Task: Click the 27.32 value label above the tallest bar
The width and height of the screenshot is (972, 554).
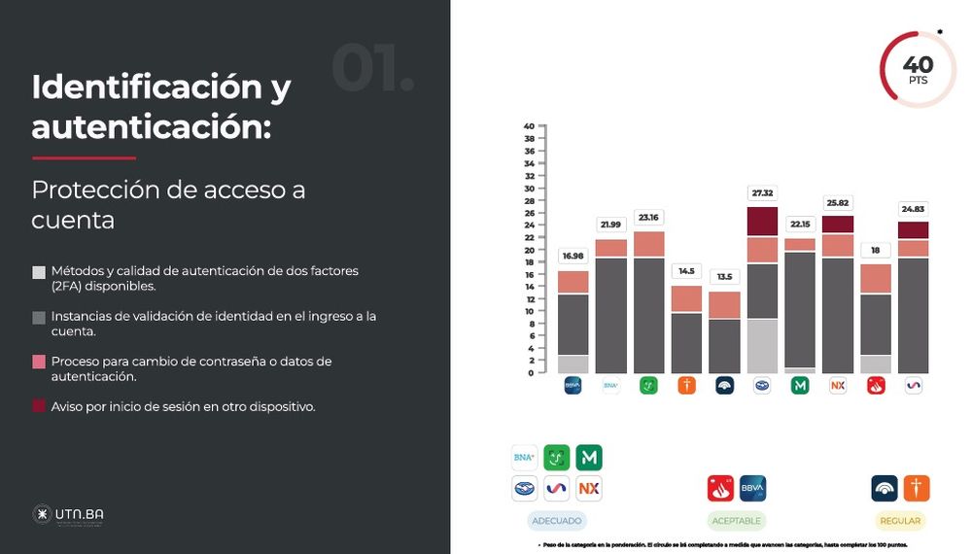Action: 762,192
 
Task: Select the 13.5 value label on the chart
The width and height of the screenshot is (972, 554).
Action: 724,276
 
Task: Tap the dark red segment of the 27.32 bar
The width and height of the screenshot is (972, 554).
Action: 762,222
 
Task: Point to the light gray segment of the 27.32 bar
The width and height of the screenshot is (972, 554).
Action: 762,345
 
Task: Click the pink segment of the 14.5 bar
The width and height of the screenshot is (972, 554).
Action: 686,298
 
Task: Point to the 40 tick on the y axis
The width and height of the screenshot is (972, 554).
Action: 530,126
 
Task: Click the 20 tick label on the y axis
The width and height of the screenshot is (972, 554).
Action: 530,250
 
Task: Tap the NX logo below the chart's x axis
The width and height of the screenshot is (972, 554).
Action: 838,386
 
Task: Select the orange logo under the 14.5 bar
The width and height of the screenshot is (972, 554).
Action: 686,386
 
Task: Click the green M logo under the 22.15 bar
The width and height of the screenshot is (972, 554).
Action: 800,386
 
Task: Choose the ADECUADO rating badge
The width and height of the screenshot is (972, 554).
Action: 557,521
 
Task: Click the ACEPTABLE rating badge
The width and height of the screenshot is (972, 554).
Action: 736,521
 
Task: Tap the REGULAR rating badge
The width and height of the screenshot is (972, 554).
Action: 899,521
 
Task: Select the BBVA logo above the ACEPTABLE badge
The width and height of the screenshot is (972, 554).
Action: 752,488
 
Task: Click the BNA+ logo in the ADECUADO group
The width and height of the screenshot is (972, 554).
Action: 525,457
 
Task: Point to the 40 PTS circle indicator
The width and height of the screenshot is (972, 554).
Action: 918,70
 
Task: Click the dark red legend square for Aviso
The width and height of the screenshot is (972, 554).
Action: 39,407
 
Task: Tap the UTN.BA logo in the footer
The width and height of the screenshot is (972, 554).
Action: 68,514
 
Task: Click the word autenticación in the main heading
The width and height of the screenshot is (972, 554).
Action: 151,126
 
